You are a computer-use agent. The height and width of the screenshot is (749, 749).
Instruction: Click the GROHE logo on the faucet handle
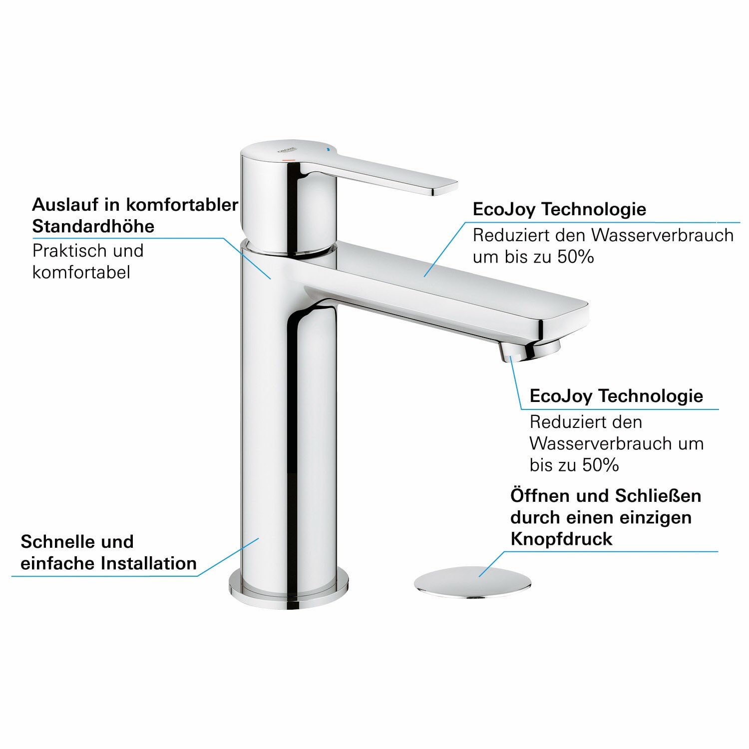[288, 150]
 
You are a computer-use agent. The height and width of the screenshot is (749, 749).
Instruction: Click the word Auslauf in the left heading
[63, 204]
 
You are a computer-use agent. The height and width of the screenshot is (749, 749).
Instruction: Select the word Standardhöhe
[93, 226]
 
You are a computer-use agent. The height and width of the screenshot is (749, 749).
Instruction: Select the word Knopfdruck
[561, 539]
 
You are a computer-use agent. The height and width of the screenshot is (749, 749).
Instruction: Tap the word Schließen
[658, 496]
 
